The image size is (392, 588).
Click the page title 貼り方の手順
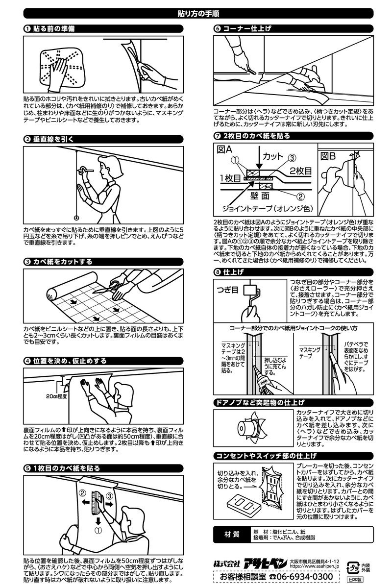pos(196,14)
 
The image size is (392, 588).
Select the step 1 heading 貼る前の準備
pos(53,29)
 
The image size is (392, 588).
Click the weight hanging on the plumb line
pos(76,218)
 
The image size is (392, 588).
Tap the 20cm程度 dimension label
pos(56,395)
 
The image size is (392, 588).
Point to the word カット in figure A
pos(273,156)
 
